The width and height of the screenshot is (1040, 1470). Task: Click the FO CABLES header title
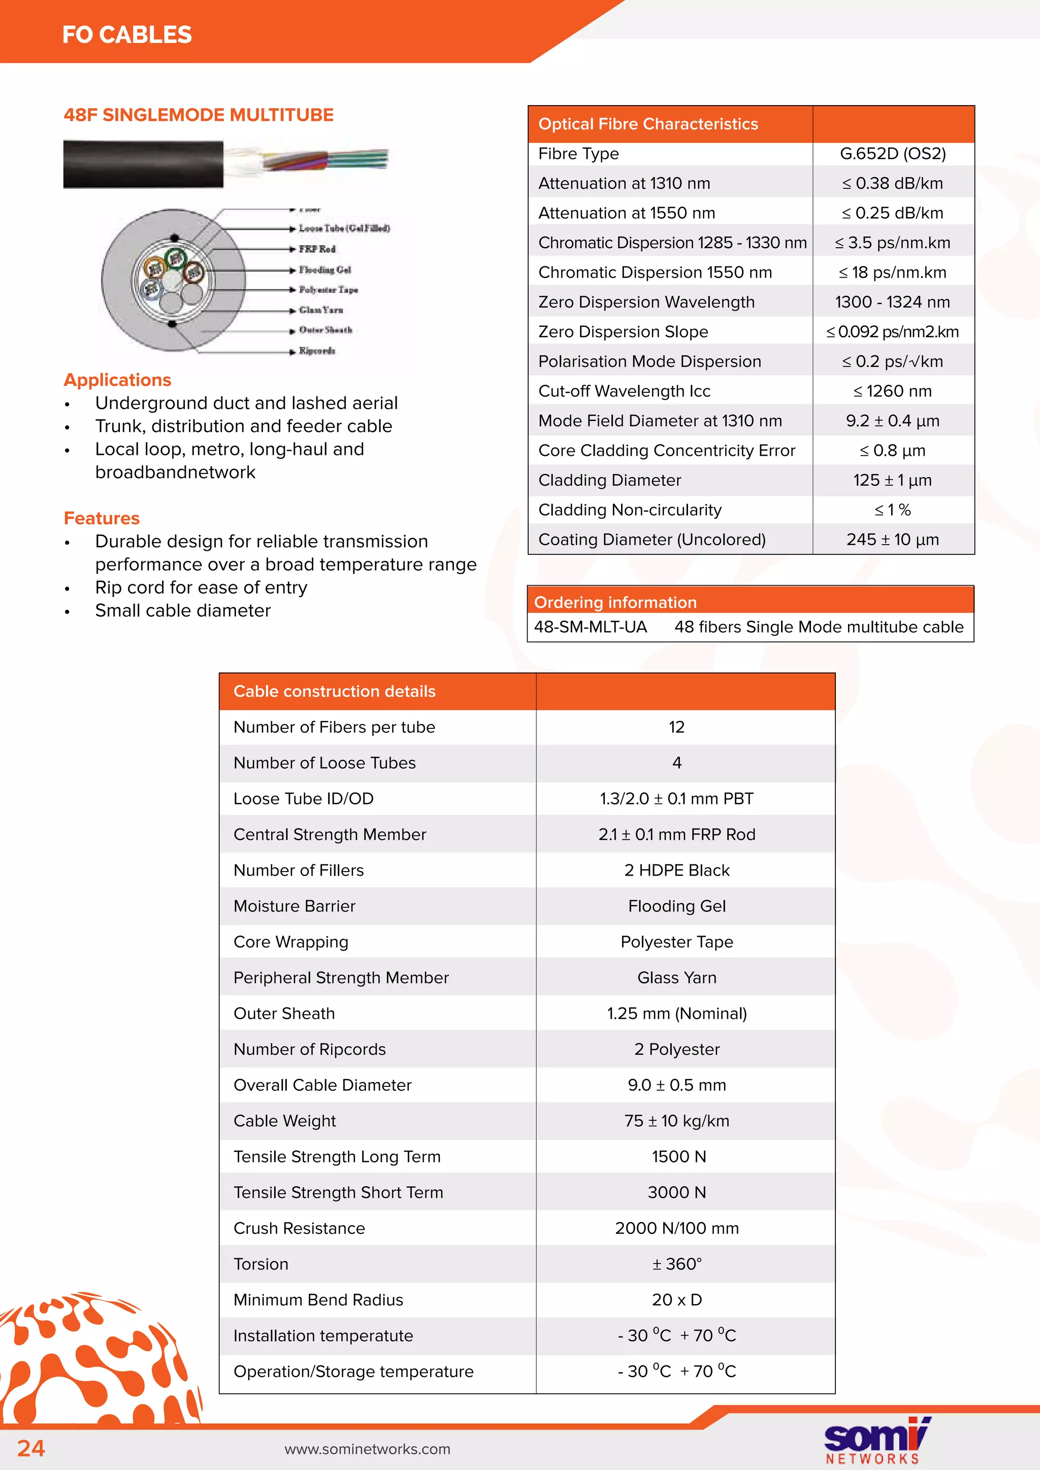[127, 35]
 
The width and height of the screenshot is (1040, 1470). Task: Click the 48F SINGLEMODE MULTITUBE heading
[199, 115]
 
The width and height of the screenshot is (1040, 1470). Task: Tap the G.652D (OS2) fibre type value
[893, 154]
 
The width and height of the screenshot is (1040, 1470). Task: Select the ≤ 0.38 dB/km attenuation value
[892, 184]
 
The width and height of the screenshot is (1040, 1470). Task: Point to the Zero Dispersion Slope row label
[623, 331]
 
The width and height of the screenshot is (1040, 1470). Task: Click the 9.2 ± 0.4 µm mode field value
[892, 421]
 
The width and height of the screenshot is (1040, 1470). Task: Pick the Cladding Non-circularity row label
[630, 510]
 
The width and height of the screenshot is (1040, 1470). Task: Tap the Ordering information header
[615, 603]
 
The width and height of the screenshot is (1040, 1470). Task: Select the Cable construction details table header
[334, 691]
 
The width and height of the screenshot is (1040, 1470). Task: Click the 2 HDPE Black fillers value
[676, 870]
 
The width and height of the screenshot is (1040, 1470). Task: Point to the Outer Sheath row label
[284, 1014]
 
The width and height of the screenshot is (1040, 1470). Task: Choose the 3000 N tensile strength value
[676, 1192]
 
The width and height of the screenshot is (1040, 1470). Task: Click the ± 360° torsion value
[676, 1264]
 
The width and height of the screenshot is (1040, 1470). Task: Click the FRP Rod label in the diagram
[317, 249]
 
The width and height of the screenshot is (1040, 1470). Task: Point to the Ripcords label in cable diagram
[317, 351]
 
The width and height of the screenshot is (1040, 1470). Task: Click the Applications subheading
[117, 380]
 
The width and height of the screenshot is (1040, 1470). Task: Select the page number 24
[31, 1448]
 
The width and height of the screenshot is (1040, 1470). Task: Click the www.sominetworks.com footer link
[367, 1449]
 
